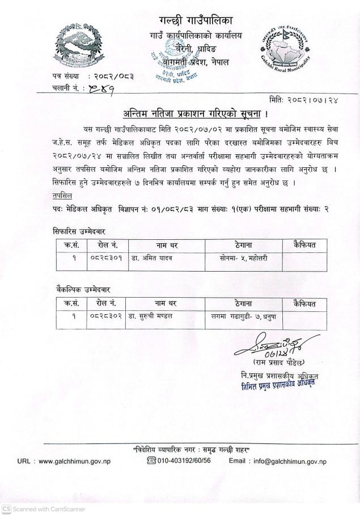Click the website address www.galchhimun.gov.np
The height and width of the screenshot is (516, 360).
coord(74,461)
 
